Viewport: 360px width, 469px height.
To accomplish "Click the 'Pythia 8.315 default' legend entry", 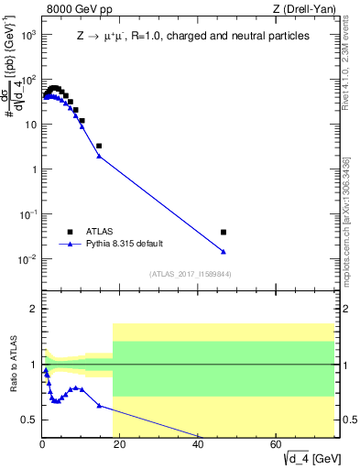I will point(126,245).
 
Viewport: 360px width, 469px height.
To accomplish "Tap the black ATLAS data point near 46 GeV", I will point(224,232).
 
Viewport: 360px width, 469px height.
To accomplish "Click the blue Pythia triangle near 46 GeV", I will point(224,252).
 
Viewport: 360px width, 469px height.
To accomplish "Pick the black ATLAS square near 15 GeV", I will point(99,146).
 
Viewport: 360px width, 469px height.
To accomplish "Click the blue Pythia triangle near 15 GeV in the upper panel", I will point(99,157).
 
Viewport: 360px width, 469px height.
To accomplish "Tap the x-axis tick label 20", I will point(120,445).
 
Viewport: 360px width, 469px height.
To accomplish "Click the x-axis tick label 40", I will point(198,445).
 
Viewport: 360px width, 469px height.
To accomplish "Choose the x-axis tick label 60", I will point(276,445).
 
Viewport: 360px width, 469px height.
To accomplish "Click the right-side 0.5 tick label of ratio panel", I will point(348,420).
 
